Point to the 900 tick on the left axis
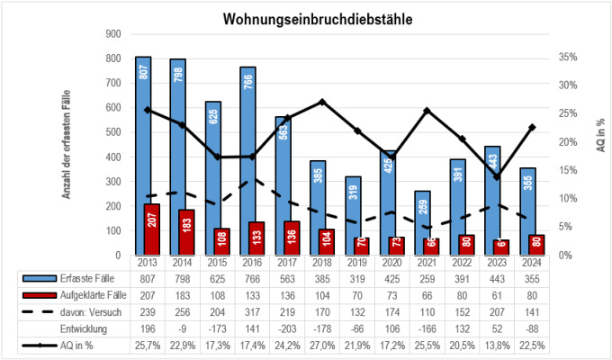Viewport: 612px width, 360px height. (112, 34)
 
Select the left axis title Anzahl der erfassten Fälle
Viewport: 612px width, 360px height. (66, 148)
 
